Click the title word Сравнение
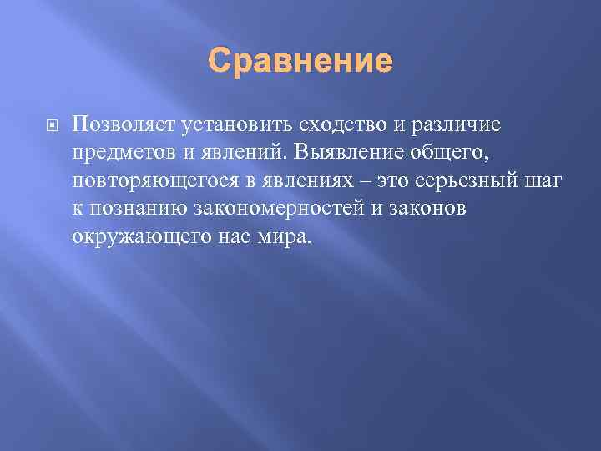coord(300,61)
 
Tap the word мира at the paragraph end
coord(285,236)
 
